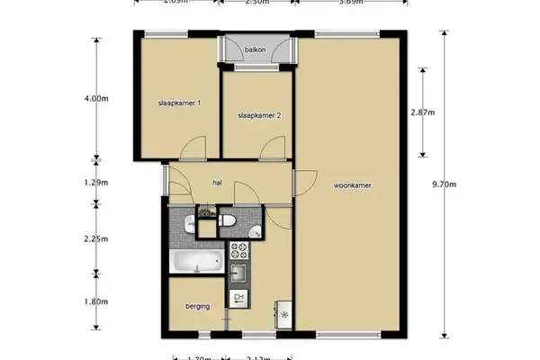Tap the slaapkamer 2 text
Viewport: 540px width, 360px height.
click(x=260, y=116)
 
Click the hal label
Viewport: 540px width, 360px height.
click(x=217, y=183)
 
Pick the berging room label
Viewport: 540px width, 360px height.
click(x=197, y=307)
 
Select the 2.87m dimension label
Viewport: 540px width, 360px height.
click(x=422, y=112)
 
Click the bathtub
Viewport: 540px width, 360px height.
click(x=196, y=262)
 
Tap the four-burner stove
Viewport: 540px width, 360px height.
click(x=240, y=249)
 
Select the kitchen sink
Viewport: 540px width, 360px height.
click(x=239, y=273)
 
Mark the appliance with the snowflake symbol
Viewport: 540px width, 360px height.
click(x=285, y=315)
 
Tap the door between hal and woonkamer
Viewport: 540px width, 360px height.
click(x=304, y=180)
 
